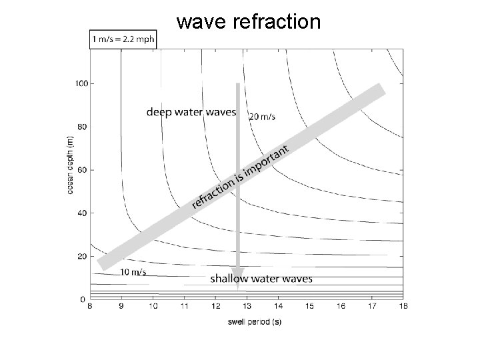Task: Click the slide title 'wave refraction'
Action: click(248, 21)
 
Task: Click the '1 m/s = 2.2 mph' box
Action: click(123, 39)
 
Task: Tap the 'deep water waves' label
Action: click(191, 112)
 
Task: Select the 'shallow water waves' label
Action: click(261, 279)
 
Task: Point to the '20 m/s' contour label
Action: click(261, 117)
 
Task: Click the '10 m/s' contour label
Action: click(133, 272)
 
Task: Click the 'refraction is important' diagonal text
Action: click(241, 176)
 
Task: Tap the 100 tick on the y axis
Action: click(80, 83)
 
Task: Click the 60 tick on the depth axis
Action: click(81, 170)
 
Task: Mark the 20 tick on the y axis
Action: click(81, 256)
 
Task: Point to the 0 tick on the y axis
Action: click(83, 299)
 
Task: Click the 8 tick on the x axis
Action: click(90, 306)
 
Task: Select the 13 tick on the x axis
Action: click(247, 306)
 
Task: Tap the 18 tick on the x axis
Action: click(403, 306)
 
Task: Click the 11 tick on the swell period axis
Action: click(184, 306)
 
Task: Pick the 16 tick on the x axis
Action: click(340, 306)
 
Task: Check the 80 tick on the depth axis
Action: click(81, 127)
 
